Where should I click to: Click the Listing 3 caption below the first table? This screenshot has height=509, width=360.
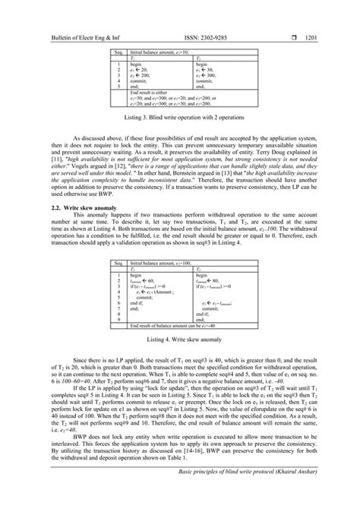[x=179, y=118]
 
